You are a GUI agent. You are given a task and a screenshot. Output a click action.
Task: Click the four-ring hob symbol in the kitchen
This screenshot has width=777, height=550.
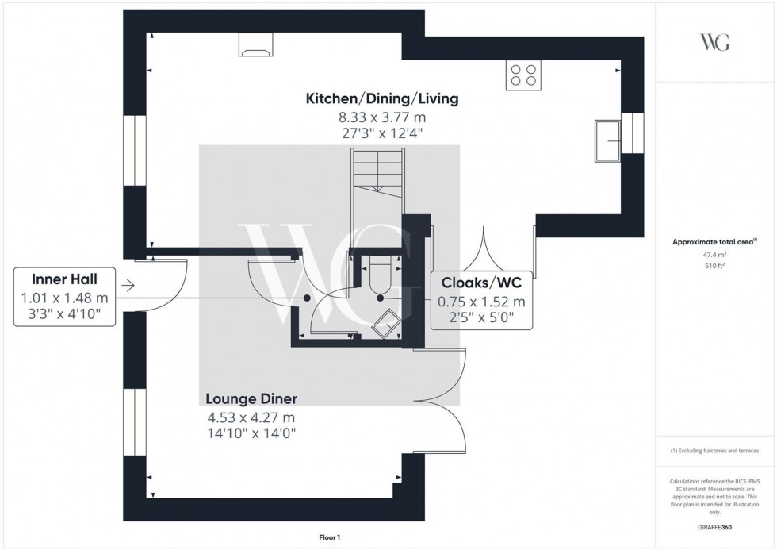[522, 75]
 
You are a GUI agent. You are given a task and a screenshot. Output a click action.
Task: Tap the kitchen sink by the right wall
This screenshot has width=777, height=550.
[610, 140]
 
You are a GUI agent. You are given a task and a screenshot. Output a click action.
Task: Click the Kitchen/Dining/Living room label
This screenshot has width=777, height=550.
[383, 99]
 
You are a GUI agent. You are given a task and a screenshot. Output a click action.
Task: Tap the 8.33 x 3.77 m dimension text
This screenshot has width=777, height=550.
[383, 117]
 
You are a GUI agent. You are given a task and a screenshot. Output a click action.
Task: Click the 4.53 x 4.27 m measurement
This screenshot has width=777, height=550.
[251, 417]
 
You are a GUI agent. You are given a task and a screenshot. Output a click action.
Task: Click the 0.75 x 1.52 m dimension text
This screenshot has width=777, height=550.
[481, 302]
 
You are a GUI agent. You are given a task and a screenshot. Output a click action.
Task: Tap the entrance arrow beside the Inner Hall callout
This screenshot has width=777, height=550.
[129, 286]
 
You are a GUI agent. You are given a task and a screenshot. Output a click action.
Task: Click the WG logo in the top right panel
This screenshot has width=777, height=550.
[714, 42]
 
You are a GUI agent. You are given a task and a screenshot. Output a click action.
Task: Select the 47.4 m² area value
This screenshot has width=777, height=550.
[715, 255]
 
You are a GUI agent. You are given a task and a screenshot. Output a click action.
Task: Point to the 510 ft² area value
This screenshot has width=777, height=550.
[715, 266]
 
